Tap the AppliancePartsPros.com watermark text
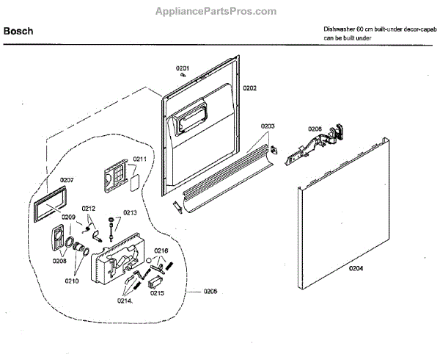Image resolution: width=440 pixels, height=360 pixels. coord(216,12)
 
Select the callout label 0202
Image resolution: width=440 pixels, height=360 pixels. coord(249,88)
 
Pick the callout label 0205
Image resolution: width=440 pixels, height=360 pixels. coord(210,292)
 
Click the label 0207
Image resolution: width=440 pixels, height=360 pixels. coord(67,180)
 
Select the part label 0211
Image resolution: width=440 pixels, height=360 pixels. coord(139,158)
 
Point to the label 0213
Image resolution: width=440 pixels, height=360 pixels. coord(129,212)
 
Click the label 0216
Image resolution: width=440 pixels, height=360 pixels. coord(161,251)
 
